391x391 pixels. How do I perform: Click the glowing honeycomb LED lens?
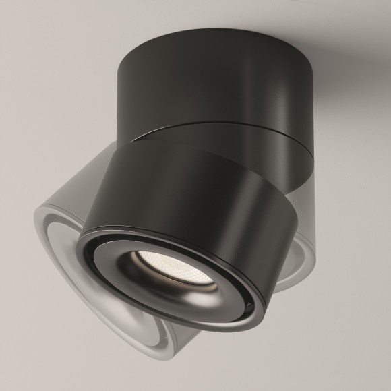point(156,262)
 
